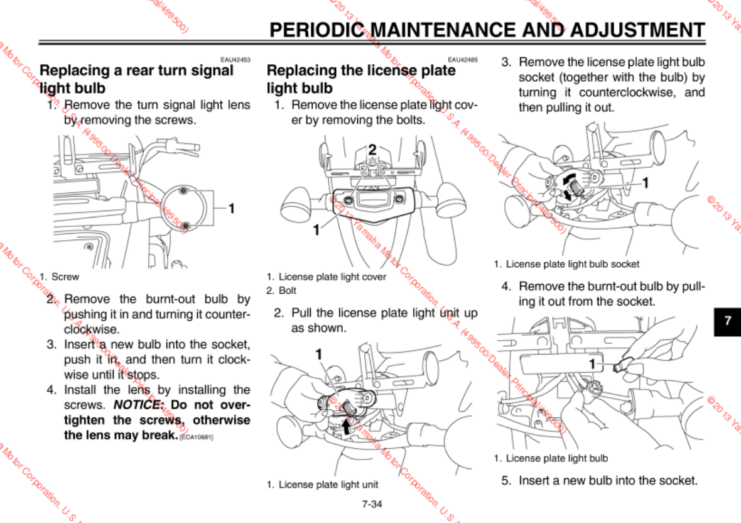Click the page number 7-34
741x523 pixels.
[x=372, y=504]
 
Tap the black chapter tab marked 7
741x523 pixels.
[x=727, y=321]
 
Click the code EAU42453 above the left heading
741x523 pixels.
[x=235, y=60]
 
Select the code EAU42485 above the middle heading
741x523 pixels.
[x=463, y=60]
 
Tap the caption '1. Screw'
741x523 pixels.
[x=59, y=277]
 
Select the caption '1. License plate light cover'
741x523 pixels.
[x=326, y=277]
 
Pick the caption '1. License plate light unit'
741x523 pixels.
[x=322, y=485]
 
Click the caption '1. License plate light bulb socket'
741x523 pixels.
[x=566, y=264]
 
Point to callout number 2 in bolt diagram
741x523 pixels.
[x=372, y=150]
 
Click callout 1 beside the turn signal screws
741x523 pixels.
[x=231, y=207]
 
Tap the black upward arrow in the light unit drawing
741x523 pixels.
[x=345, y=426]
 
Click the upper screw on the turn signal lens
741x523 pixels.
[x=182, y=190]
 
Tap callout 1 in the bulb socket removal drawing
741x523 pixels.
[x=645, y=182]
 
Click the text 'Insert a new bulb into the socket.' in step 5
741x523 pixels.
[x=608, y=481]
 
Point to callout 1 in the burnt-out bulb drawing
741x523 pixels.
[x=592, y=364]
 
